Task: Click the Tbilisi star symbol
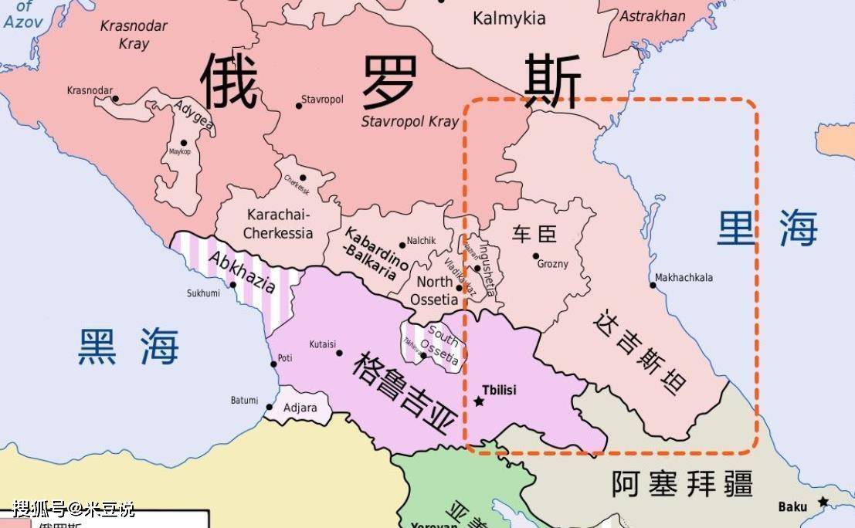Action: (x=479, y=402)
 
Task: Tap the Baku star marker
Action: (x=823, y=502)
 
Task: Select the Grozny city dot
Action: (x=535, y=256)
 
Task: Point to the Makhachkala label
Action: (x=684, y=278)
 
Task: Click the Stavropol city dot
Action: (x=299, y=106)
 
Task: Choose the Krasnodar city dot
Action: (x=116, y=99)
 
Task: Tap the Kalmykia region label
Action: (x=509, y=19)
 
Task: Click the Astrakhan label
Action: (x=653, y=16)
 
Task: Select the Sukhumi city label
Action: (x=203, y=293)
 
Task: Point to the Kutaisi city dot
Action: (x=339, y=353)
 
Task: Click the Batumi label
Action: (x=244, y=400)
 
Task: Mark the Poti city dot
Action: (x=273, y=364)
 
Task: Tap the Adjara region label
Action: (x=300, y=408)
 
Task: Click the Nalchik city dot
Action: (x=402, y=245)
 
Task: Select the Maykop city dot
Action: (x=184, y=142)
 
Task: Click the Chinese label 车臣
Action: (x=534, y=234)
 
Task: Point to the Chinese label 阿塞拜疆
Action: (x=682, y=485)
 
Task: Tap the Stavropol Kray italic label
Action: (x=410, y=122)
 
